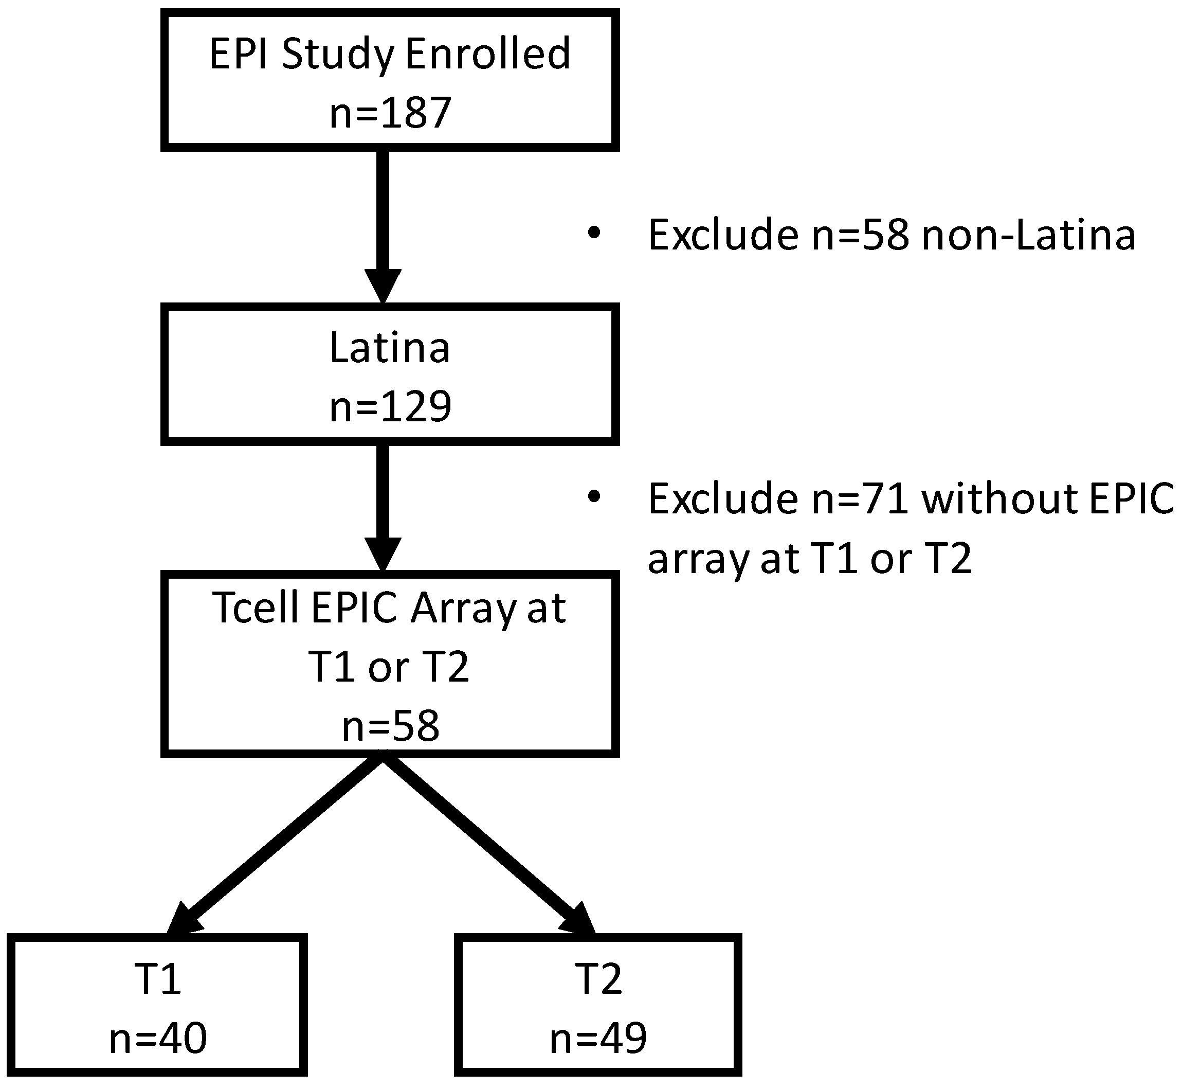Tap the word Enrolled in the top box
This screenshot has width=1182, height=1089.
point(487,53)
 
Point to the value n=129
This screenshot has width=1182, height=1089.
point(390,406)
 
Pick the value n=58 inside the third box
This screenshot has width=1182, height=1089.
point(390,726)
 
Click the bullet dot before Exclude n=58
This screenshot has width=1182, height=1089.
point(594,233)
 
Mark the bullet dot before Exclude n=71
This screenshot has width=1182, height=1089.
point(594,497)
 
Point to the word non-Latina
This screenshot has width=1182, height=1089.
point(1028,235)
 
